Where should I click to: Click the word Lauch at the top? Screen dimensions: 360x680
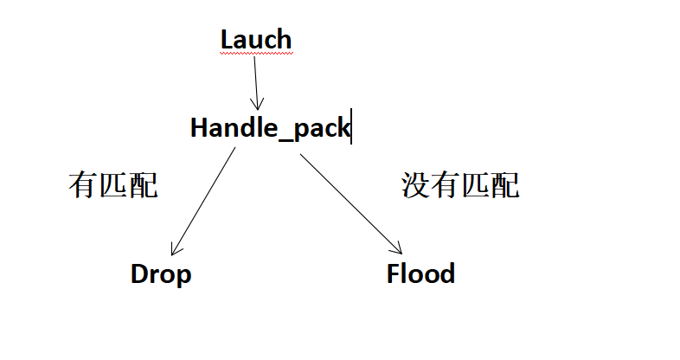click(256, 40)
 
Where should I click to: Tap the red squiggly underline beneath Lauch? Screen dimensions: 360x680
click(256, 54)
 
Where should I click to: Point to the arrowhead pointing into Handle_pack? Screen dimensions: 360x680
click(256, 104)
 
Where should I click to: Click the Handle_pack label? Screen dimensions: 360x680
click(270, 128)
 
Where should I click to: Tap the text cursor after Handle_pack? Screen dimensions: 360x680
click(351, 128)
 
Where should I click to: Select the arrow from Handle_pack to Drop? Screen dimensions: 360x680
click(204, 199)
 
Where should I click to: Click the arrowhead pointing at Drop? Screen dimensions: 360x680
click(174, 251)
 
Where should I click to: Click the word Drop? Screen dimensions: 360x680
click(161, 274)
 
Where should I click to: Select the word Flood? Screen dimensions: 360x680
click(420, 274)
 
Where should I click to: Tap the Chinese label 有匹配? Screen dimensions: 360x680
click(113, 185)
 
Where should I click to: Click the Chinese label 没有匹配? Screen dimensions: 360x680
click(460, 185)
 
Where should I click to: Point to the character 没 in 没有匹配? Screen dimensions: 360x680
click(416, 185)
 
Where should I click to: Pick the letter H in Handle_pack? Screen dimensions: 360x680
click(199, 128)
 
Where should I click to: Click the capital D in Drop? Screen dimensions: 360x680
click(139, 274)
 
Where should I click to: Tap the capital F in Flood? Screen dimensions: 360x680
click(394, 274)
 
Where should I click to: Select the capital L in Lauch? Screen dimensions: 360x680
click(228, 40)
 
